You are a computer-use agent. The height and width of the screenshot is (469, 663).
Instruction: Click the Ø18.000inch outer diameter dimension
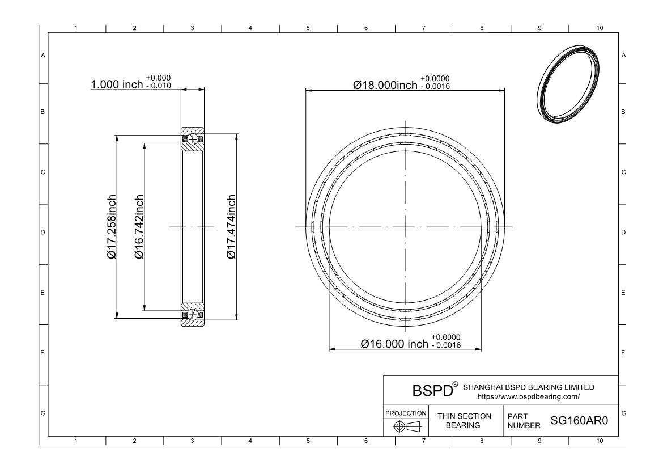(x=385, y=85)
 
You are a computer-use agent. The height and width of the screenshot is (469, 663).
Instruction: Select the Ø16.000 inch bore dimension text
(x=394, y=344)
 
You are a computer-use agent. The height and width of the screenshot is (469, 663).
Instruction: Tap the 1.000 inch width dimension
(x=117, y=84)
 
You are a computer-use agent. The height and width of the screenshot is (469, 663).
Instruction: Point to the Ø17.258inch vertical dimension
(x=112, y=227)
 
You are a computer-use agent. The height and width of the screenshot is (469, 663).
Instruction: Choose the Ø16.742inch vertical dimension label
(x=139, y=227)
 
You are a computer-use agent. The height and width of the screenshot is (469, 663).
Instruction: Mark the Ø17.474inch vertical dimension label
(x=231, y=227)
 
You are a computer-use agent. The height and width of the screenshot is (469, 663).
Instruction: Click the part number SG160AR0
(x=579, y=421)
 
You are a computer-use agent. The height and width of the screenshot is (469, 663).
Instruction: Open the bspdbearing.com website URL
(x=529, y=396)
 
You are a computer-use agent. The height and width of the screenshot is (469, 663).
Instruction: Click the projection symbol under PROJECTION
(x=406, y=426)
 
